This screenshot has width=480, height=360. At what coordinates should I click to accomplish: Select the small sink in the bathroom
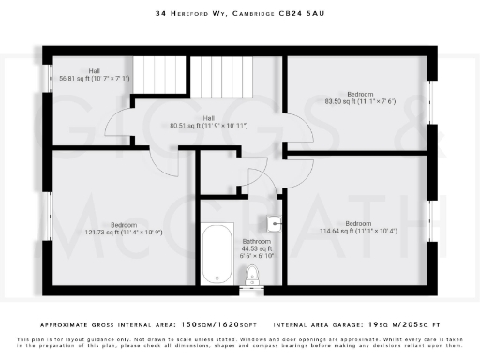tap(273, 223)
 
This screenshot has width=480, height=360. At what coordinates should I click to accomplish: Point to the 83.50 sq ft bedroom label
tap(359, 97)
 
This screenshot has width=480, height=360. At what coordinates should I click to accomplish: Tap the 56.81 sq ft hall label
tap(94, 76)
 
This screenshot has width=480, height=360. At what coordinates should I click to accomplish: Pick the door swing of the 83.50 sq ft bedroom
tap(302, 137)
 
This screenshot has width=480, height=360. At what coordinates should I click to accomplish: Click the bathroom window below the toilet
tap(251, 291)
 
